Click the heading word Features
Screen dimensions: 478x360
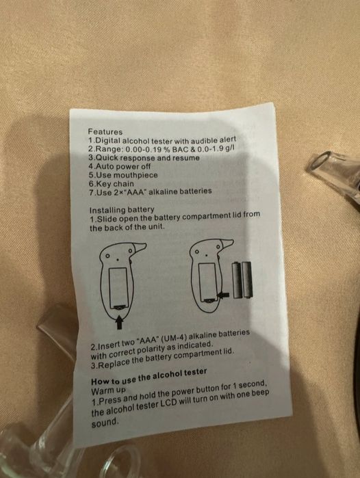(x=105, y=131)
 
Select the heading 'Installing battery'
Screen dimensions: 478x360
(x=122, y=209)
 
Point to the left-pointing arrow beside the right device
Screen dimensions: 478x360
(x=222, y=293)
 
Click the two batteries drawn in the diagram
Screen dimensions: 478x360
(x=240, y=280)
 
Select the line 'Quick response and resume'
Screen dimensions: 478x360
(x=144, y=157)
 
